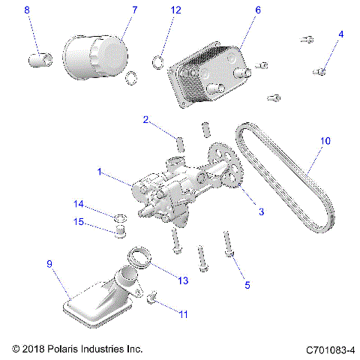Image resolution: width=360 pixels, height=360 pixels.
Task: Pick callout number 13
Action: [183, 280]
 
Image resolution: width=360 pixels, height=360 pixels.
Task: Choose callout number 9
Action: [49, 264]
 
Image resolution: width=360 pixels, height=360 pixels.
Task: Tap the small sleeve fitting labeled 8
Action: [39, 58]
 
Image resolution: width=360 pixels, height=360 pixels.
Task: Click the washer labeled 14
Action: [119, 217]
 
